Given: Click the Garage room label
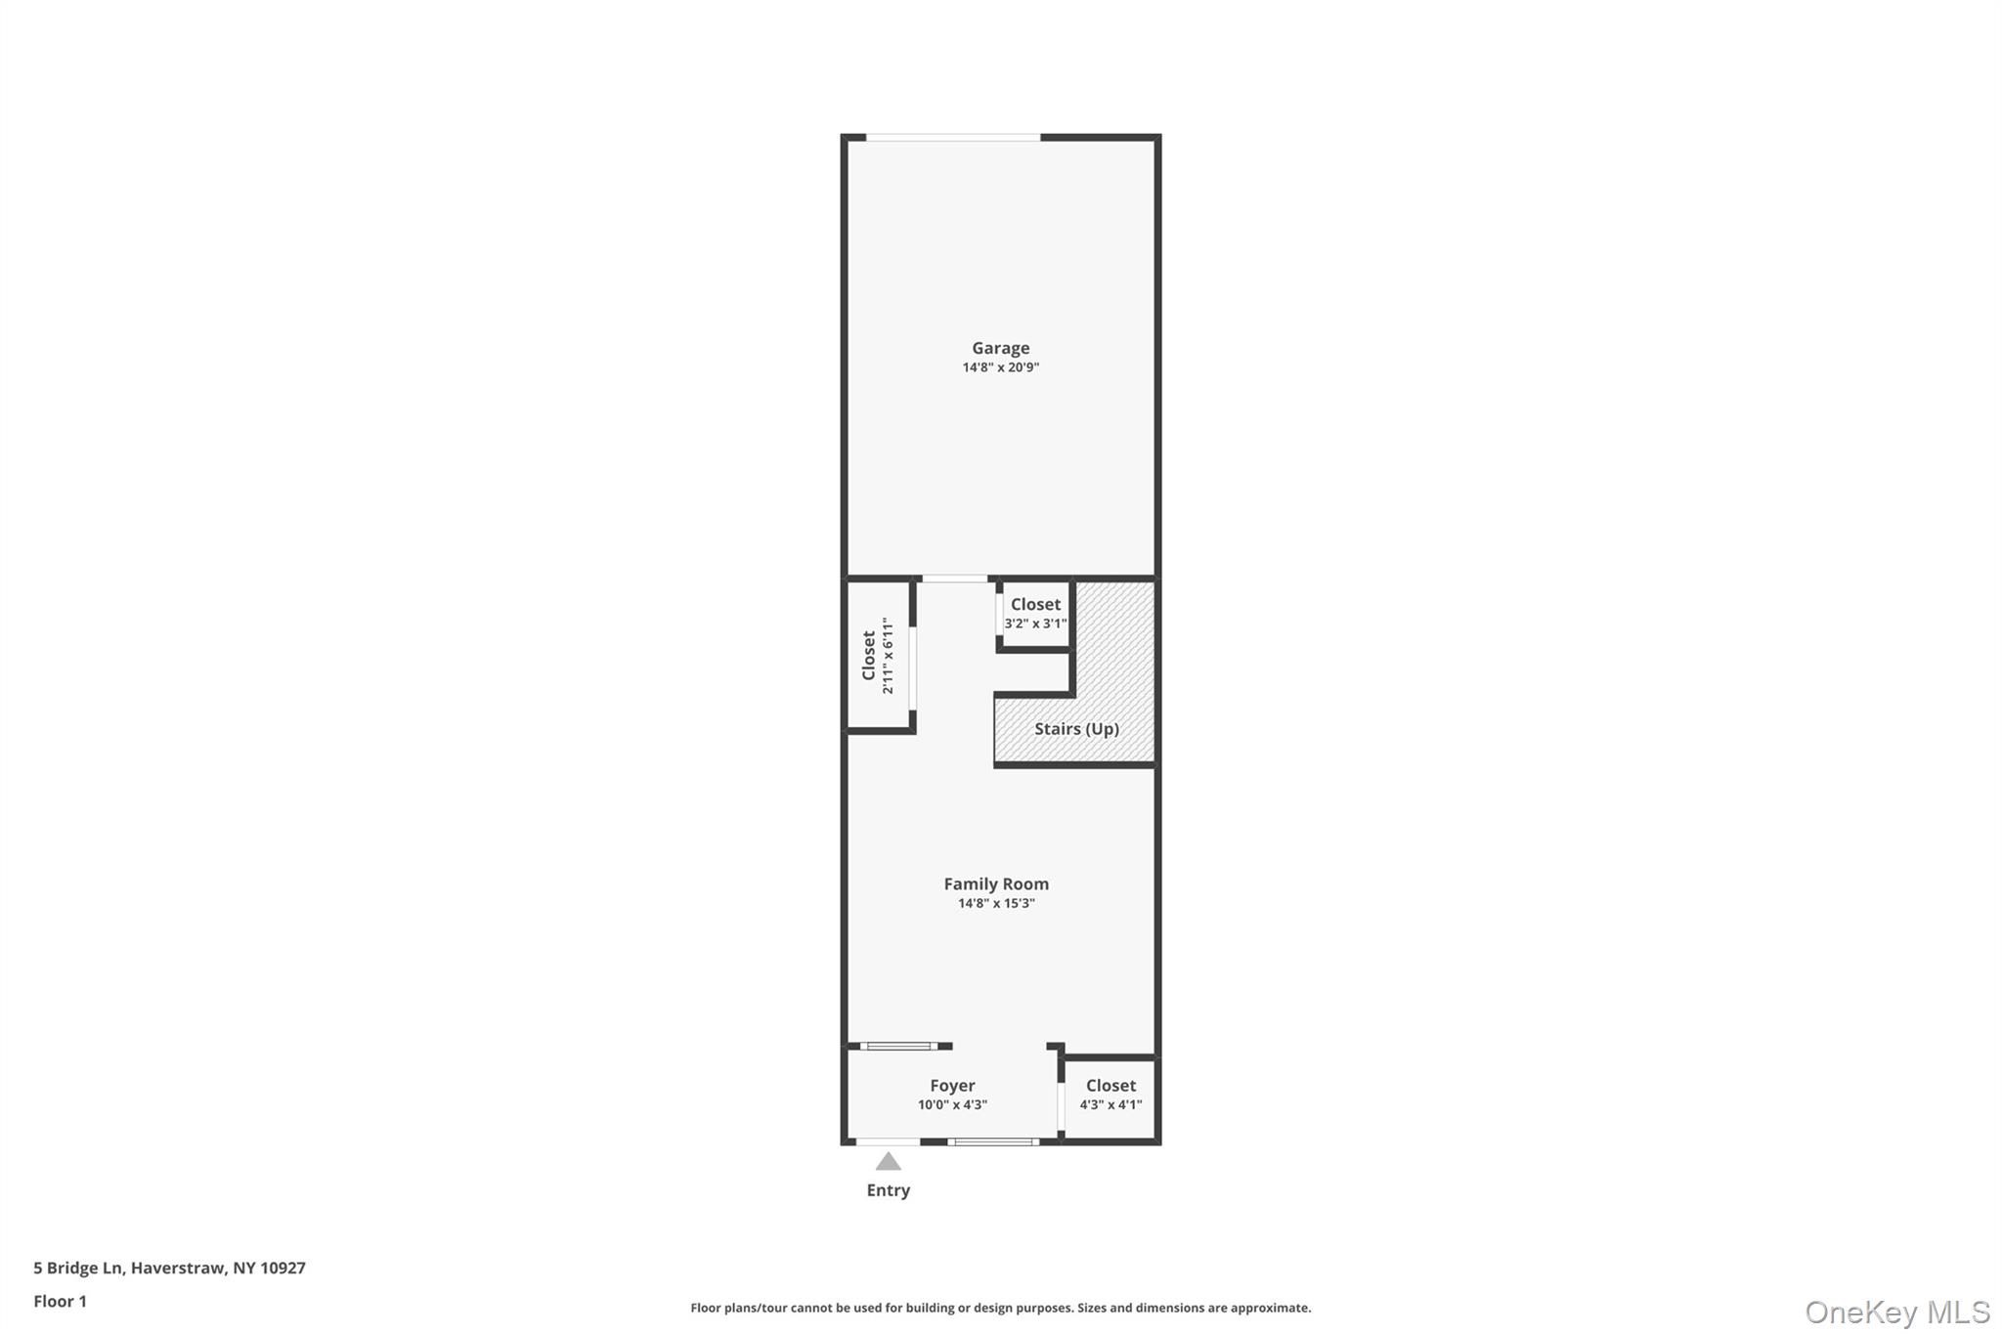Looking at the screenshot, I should (1000, 348).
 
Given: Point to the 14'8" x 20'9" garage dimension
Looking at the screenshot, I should (1000, 367).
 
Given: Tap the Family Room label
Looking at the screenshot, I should (996, 883).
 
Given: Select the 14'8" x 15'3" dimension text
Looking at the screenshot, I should (996, 903).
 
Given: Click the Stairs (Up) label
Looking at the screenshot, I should (1076, 729).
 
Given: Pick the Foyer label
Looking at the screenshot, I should (952, 1086).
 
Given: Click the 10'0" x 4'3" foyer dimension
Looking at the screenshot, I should (952, 1105).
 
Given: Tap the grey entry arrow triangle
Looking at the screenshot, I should (888, 1162).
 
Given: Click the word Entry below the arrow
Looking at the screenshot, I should (888, 1190).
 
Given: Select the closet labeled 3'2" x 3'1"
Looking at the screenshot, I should (1035, 614).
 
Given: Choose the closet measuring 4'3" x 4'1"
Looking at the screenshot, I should (1110, 1095).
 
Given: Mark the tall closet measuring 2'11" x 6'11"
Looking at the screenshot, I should (877, 655).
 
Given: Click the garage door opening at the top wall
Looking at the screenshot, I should (953, 138).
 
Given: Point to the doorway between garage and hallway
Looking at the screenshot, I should (955, 580).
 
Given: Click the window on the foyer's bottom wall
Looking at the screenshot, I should (993, 1141).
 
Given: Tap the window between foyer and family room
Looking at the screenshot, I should (899, 1047).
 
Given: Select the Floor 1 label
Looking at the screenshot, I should (61, 1302).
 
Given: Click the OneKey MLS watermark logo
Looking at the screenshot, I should (1897, 1312).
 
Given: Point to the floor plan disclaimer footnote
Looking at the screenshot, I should (1000, 1308).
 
